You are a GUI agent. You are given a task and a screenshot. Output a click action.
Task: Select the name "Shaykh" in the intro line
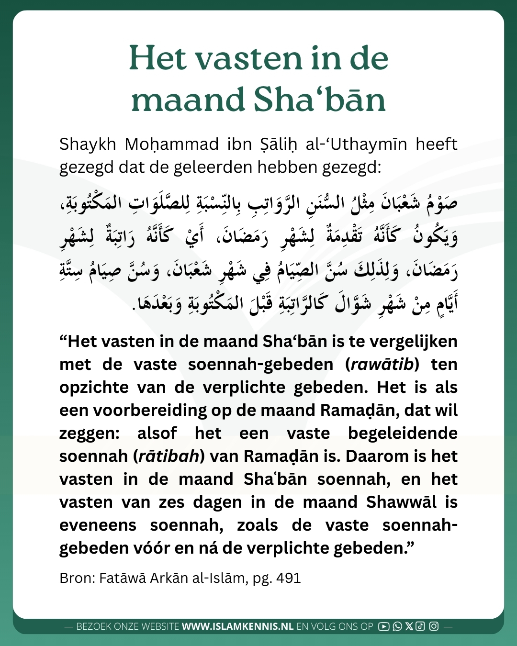[x=88, y=144]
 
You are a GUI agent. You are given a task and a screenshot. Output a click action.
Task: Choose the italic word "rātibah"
[x=169, y=457]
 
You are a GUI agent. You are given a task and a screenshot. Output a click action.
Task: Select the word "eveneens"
[x=98, y=525]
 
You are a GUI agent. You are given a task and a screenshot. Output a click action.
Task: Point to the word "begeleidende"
[x=403, y=434]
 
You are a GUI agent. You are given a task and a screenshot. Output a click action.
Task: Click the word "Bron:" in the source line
[x=77, y=578]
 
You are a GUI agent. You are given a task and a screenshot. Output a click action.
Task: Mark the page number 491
[x=289, y=578]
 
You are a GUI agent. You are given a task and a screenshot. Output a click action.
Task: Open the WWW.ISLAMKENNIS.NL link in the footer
[x=237, y=626]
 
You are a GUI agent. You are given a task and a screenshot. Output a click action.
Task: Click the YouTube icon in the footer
[x=383, y=626]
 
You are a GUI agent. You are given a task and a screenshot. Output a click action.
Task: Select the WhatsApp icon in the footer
[x=397, y=626]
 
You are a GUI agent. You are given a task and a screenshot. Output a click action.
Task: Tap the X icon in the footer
[x=409, y=626]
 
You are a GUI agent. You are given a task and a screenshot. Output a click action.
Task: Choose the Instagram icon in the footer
[x=434, y=626]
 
